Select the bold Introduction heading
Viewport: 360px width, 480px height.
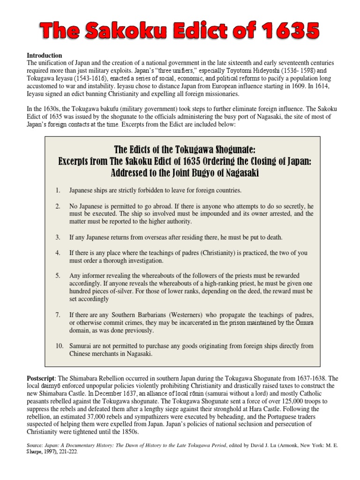[44, 55]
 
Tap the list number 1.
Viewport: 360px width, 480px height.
[58, 190]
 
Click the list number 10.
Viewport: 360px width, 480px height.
[59, 345]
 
